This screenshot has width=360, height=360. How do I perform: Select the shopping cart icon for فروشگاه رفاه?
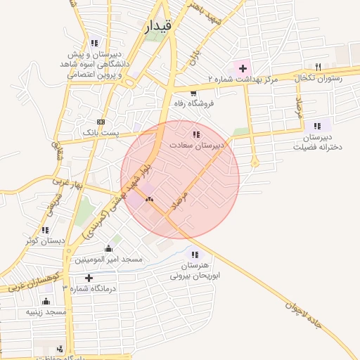[193, 92]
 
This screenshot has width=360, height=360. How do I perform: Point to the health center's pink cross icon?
[243, 69]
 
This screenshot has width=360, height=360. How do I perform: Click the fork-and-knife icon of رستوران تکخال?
[319, 67]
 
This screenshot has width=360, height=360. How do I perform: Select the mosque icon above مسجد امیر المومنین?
[108, 248]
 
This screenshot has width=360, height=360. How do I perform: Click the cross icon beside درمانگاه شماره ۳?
[89, 278]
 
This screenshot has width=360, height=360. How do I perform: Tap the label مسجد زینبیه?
[46, 311]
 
